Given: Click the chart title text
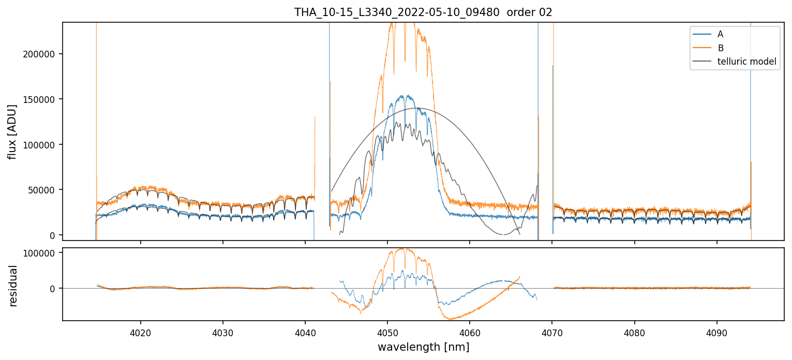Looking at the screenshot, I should coord(423,12).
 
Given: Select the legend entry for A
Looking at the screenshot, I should coord(720,35).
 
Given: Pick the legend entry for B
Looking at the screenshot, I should coord(720,48).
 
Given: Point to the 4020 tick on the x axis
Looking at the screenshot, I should coord(140,332).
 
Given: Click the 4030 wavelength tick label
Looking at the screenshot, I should coord(222,332).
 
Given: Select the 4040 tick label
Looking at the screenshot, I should coord(305,332).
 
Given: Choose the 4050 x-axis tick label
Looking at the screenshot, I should coord(387,332).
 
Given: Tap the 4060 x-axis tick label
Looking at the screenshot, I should coord(469,332).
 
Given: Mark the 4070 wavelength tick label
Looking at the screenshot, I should coord(551,332).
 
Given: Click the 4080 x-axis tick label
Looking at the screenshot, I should coord(634,332).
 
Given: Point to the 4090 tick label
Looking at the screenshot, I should coord(716,332).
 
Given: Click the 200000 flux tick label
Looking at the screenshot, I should coord(40,54).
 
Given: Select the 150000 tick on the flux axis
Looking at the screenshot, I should coord(40,99).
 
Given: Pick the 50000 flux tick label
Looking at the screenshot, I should coord(42,190).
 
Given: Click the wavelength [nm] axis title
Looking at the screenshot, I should coord(423,347).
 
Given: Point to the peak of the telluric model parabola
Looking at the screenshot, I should coord(416,108).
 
